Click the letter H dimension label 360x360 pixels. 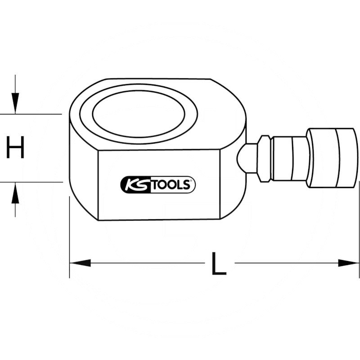15,148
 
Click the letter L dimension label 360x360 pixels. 219,264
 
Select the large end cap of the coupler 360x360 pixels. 333,157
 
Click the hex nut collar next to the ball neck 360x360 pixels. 264,158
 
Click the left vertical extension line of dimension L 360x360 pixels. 70,238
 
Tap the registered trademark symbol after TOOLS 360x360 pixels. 192,181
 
